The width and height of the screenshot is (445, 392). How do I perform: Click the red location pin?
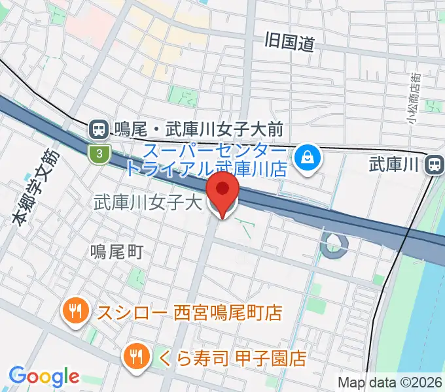pos(222,190)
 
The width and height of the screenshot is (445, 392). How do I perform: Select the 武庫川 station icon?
pos(434,166)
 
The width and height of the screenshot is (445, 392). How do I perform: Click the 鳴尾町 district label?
pos(116,252)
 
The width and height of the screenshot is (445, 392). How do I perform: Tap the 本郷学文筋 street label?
pos(36,188)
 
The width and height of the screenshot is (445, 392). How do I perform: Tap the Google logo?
pos(44,377)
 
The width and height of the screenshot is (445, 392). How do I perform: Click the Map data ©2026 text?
pos(390,382)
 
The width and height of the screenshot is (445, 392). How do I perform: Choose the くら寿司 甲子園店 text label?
pos(232,358)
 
